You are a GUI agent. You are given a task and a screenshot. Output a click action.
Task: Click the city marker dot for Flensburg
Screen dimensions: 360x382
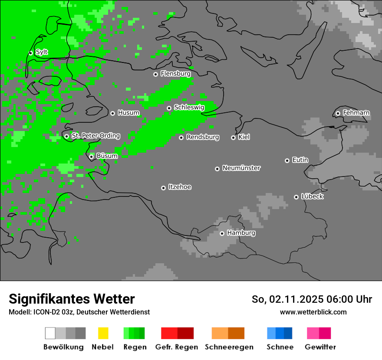pyautogui.click(x=155, y=74)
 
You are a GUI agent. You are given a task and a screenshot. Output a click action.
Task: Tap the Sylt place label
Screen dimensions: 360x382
pyautogui.click(x=42, y=52)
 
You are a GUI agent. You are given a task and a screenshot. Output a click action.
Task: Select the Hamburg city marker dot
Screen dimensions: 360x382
pyautogui.click(x=222, y=233)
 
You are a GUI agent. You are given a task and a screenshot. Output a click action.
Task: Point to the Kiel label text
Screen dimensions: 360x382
pyautogui.click(x=244, y=137)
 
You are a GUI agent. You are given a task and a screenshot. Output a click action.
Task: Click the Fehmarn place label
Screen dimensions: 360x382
pyautogui.click(x=356, y=113)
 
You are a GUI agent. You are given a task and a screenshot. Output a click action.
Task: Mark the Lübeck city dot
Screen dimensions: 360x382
pyautogui.click(x=296, y=197)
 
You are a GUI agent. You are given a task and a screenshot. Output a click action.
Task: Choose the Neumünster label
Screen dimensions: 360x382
pyautogui.click(x=241, y=168)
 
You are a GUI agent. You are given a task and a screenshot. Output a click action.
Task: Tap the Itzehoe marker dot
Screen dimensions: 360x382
pyautogui.click(x=163, y=188)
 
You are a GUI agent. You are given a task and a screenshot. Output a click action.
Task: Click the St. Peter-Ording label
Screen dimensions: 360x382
pyautogui.click(x=95, y=136)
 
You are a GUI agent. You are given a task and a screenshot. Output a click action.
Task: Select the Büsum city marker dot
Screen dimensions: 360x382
pyautogui.click(x=91, y=157)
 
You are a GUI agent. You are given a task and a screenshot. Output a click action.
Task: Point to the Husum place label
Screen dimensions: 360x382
pyautogui.click(x=128, y=113)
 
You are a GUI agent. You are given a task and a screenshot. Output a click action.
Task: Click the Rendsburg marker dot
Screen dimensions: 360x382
pyautogui.click(x=181, y=137)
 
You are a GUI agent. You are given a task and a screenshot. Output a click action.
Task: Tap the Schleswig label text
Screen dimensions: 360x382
pyautogui.click(x=189, y=107)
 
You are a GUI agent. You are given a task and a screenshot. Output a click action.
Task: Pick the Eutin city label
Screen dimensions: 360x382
pyautogui.click(x=300, y=160)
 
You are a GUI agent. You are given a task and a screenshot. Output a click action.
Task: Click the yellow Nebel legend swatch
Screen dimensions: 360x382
pyautogui.click(x=103, y=333)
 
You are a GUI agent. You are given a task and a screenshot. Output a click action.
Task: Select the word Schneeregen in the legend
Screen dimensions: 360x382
pyautogui.click(x=229, y=347)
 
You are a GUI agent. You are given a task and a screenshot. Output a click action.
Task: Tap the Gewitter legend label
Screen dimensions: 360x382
pyautogui.click(x=320, y=347)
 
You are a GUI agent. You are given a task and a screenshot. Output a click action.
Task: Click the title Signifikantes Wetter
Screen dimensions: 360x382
pyautogui.click(x=72, y=299)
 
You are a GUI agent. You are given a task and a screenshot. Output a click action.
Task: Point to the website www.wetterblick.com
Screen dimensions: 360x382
pyautogui.click(x=313, y=312)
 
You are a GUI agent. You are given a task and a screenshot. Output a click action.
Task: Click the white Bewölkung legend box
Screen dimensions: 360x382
pyautogui.click(x=50, y=333)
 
